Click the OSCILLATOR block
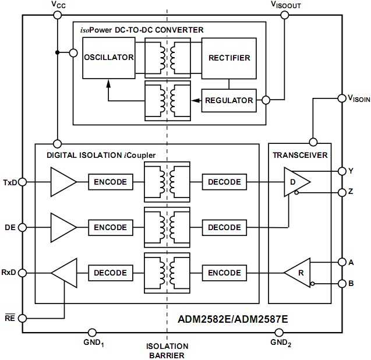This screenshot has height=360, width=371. [x=108, y=58]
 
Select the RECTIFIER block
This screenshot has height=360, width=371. [x=229, y=58]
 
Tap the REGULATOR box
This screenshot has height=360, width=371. [x=229, y=100]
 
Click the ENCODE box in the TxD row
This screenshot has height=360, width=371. [x=110, y=182]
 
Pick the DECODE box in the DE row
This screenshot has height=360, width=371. [x=224, y=227]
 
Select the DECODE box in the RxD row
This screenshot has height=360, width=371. [x=110, y=273]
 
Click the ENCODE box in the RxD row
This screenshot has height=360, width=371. [x=224, y=273]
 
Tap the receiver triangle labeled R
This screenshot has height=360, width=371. [x=299, y=273]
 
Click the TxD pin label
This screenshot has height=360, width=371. [x=10, y=182]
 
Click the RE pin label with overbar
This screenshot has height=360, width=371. [x=10, y=318]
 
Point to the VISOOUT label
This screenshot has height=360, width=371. [x=285, y=5]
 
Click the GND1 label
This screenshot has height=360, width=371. [x=93, y=343]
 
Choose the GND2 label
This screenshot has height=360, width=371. [x=281, y=343]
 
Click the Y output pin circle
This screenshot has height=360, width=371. [x=342, y=171]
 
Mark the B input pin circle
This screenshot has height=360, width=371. [x=342, y=284]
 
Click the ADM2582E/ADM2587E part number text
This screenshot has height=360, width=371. [x=232, y=319]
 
